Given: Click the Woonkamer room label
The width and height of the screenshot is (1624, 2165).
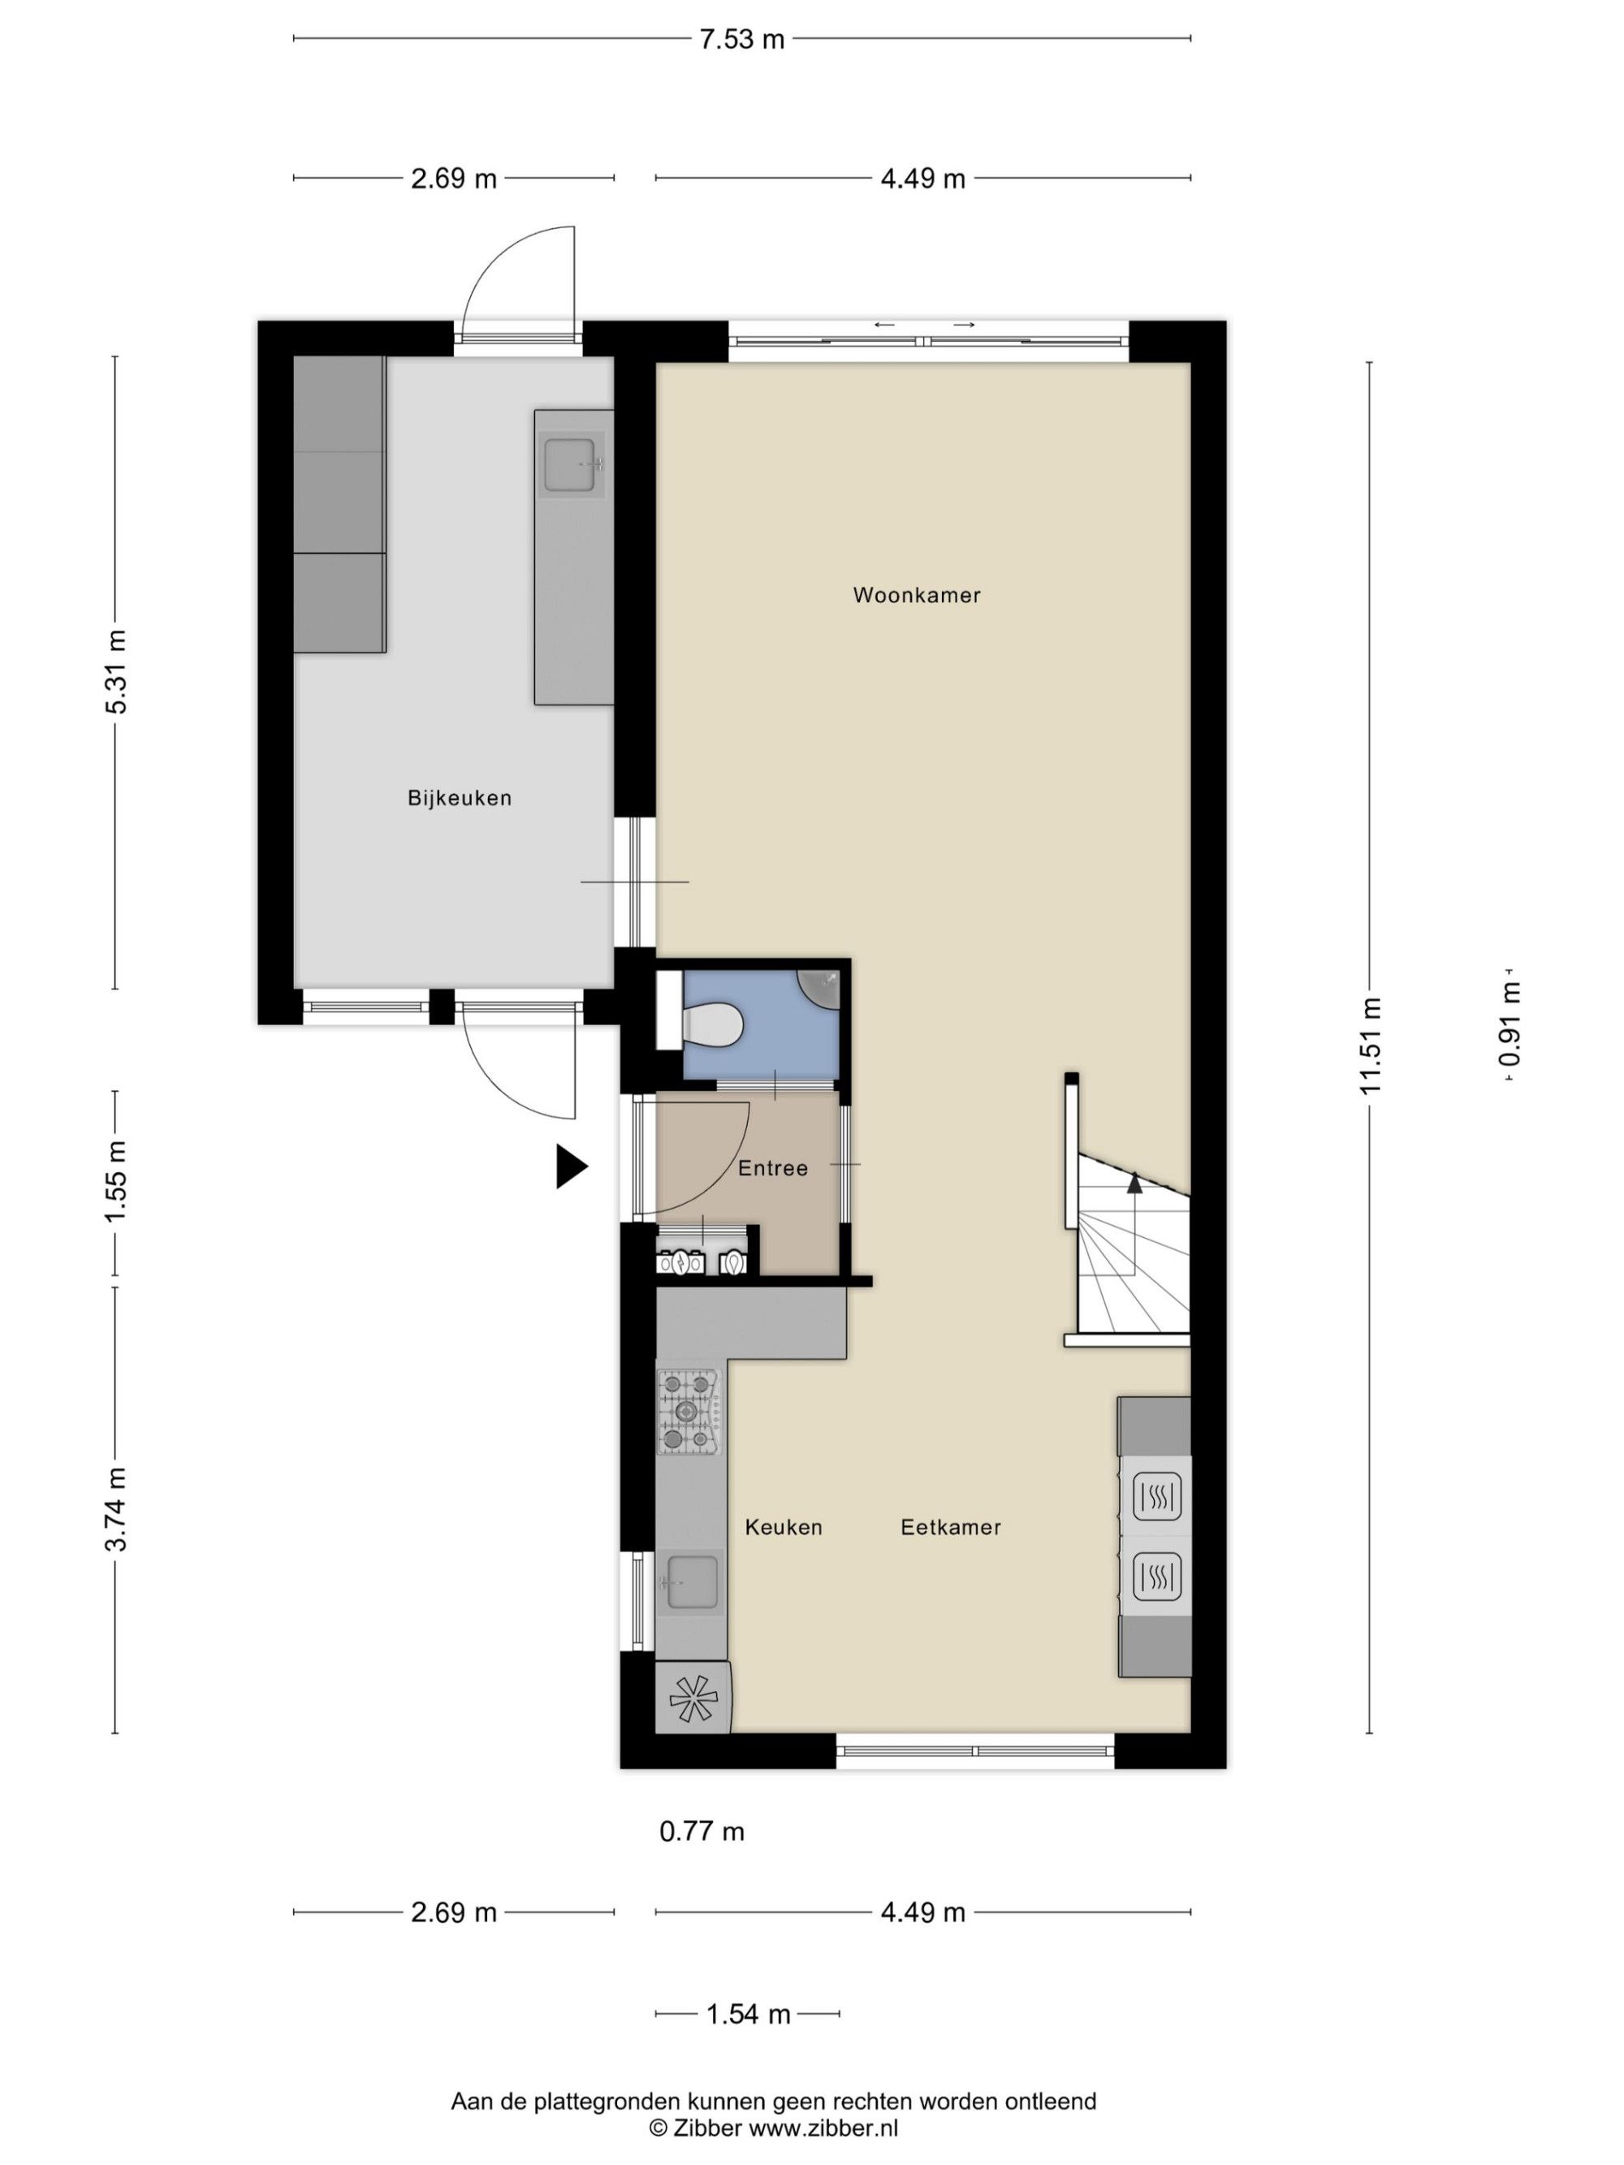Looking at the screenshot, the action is [x=916, y=595].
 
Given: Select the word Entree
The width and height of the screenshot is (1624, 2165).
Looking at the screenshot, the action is [x=772, y=1167].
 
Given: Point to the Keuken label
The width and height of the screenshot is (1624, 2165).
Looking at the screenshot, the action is [x=783, y=1527].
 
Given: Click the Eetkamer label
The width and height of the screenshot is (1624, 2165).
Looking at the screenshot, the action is [x=951, y=1527].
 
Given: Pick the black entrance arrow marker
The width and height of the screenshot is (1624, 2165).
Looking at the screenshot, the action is [x=572, y=1167].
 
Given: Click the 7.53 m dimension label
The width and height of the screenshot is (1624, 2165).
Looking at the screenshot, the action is [x=741, y=39].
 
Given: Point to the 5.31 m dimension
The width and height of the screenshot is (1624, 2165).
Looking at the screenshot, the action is [x=115, y=671].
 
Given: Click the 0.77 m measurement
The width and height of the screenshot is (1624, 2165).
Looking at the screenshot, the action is [x=702, y=1831].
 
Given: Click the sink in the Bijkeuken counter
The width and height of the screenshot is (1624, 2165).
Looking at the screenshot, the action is [x=571, y=465].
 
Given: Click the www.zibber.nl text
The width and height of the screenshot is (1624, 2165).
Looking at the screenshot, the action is [x=823, y=2127].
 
